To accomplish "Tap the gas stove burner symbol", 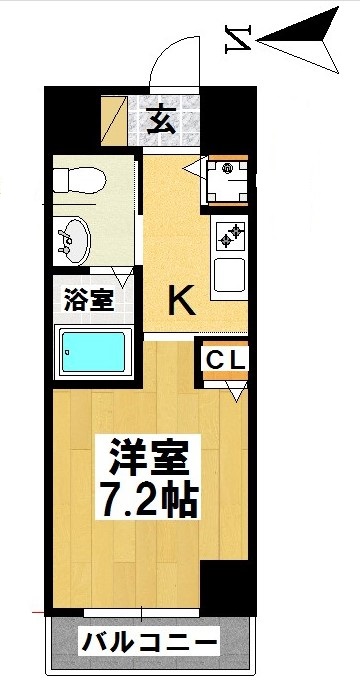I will click(x=229, y=236).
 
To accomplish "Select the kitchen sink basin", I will click(x=229, y=271).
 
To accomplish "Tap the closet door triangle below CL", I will click(x=236, y=390).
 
